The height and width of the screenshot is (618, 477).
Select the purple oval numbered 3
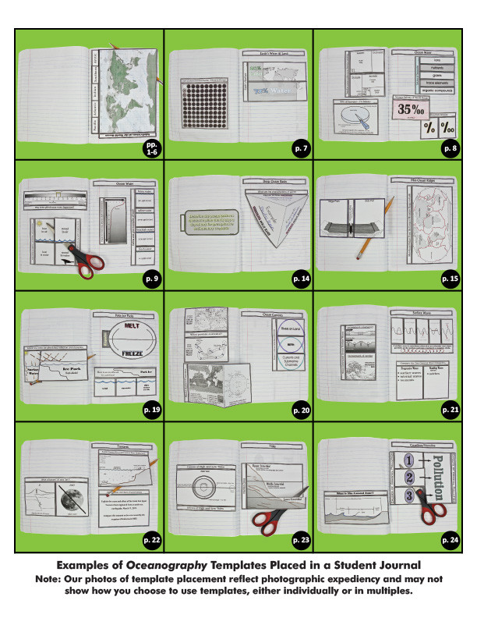[x=407, y=495]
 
